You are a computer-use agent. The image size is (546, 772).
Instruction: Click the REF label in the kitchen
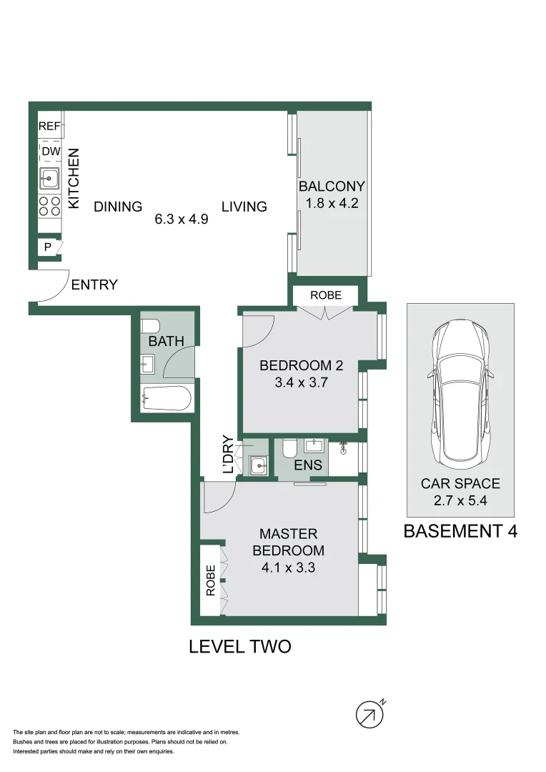(49, 127)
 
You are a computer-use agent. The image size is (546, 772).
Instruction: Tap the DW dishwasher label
(50, 152)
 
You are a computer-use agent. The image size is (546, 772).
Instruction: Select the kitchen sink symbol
(49, 178)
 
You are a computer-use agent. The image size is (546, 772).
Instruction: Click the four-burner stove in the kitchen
(49, 207)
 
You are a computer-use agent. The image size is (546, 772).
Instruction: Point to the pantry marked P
(48, 247)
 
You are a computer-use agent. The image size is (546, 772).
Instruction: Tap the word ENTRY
(94, 285)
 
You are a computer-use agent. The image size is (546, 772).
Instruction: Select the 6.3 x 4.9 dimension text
(181, 220)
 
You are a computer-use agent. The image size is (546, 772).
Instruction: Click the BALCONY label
(332, 187)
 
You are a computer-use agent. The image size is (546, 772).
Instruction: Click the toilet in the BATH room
(151, 326)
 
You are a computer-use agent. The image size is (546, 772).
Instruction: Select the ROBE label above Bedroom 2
(325, 295)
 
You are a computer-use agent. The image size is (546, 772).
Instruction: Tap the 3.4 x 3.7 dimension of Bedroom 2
(301, 382)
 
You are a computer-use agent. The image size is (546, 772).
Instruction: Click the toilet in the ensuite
(289, 448)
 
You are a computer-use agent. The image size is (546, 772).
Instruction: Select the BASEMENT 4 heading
(460, 531)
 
